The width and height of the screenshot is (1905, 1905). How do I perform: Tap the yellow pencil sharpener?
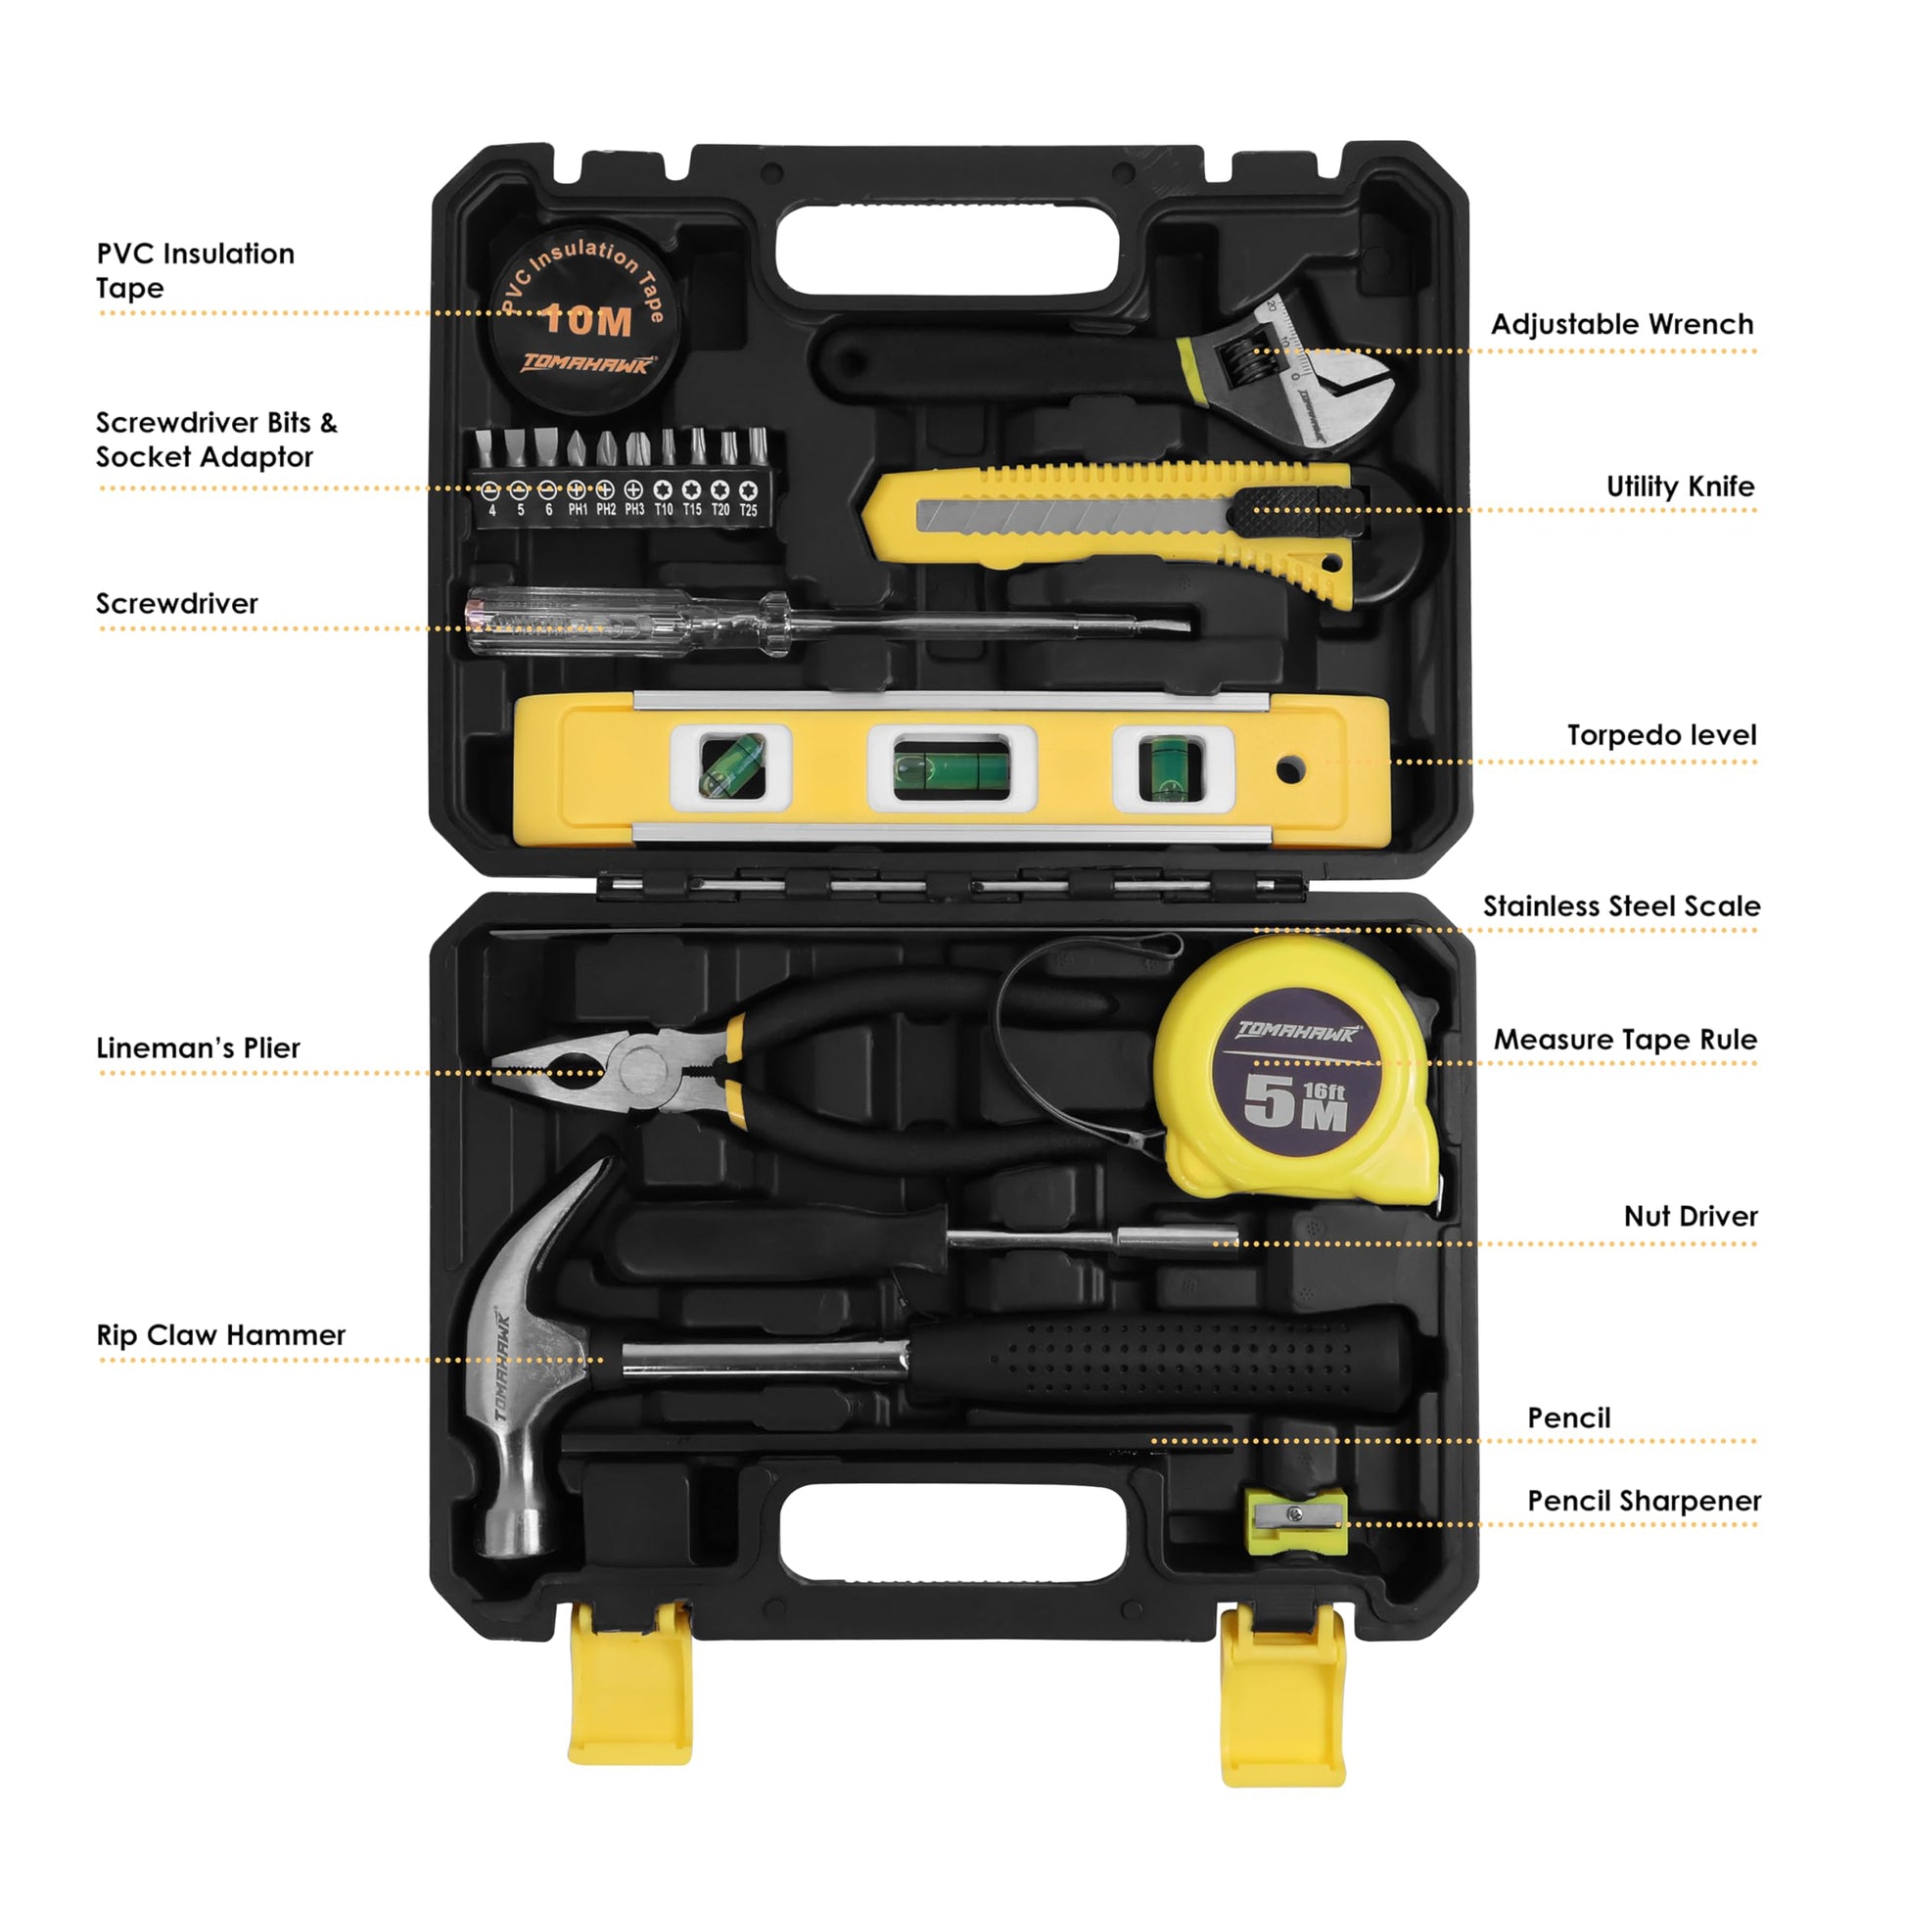1296,1522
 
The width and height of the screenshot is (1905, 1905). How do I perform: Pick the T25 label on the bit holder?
748,510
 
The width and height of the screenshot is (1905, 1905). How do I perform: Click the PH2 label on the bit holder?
605,510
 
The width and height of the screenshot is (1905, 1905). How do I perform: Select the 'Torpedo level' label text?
1661,735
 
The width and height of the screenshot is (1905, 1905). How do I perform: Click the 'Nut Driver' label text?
1690,1216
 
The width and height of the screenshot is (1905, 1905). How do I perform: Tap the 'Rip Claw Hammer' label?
221,1335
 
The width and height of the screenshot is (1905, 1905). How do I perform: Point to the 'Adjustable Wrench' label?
1622,324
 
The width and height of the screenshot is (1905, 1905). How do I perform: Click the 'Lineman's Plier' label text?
198,1048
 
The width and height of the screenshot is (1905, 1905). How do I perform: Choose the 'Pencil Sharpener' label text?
1644,1501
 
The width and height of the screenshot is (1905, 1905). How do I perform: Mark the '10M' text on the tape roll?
587,319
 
